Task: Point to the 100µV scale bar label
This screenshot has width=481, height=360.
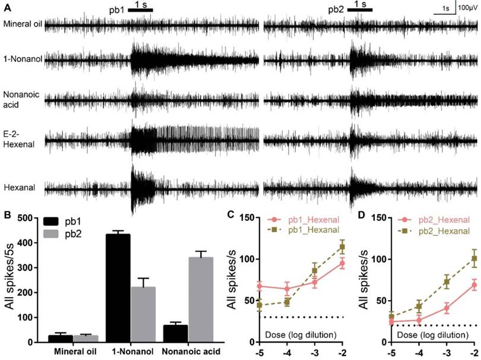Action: (x=468, y=8)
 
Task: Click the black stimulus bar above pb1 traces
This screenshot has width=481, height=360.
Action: (x=141, y=11)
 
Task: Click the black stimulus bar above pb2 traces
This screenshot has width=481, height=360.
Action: (x=359, y=11)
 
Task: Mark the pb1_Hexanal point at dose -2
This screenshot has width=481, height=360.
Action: (x=342, y=263)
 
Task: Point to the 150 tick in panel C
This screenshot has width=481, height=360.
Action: (x=249, y=218)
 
